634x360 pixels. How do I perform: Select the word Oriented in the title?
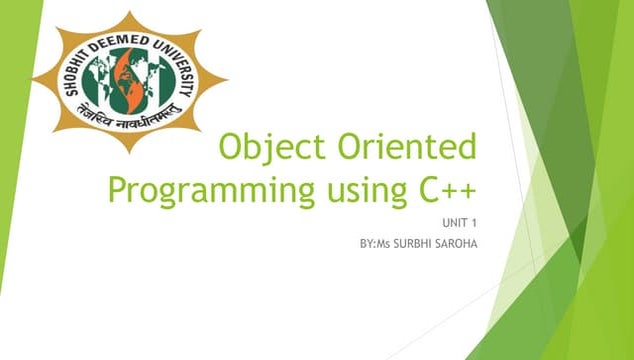click(x=404, y=147)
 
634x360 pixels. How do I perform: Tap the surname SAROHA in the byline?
click(x=456, y=243)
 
